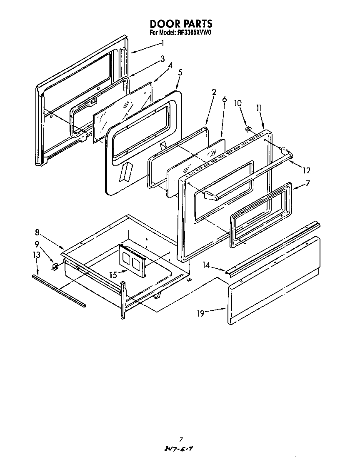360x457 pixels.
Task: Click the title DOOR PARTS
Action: [181, 24]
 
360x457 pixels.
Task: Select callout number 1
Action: [162, 43]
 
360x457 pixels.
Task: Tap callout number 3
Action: [162, 59]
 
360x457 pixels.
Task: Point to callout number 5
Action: [180, 72]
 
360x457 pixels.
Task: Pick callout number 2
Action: [214, 92]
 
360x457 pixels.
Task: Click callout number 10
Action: [237, 103]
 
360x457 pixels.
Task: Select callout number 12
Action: [307, 170]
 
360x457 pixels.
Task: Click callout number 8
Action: [37, 232]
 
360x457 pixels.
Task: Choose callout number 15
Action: [113, 275]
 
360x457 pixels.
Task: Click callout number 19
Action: [201, 313]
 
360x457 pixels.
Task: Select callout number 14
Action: [206, 265]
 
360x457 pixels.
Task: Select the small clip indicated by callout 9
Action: [54, 265]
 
